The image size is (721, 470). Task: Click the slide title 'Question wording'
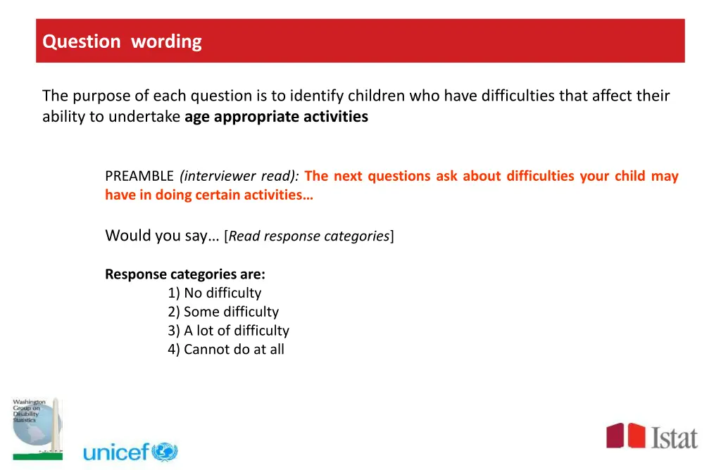pos(122,42)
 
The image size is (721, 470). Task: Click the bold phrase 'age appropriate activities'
pos(276,117)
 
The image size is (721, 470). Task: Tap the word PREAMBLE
pos(139,176)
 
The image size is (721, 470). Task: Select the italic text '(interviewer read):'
pos(239,176)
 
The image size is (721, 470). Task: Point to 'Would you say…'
pos(162,236)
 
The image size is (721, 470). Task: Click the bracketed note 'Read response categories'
pos(309,236)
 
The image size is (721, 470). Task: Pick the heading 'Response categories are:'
pos(184,274)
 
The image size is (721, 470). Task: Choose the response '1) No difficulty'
pos(214,293)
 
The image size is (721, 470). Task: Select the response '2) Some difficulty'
pos(223,312)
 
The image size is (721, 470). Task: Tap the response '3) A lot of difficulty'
pos(228,331)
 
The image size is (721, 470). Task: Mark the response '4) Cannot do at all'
pos(225,350)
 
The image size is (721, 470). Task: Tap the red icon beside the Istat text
pos(626,436)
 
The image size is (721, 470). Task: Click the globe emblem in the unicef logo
pos(165,452)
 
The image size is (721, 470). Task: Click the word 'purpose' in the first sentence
pos(104,96)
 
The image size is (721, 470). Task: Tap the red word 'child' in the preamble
pos(629,176)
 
